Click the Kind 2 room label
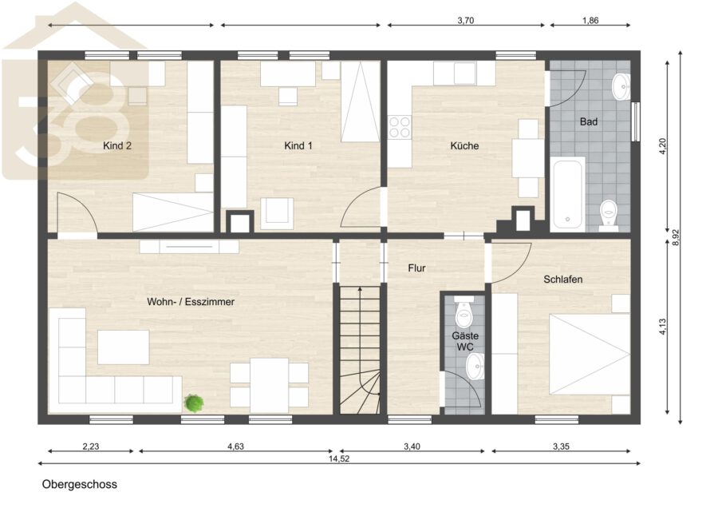click(117, 146)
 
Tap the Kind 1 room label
click(298, 146)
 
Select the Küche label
click(464, 146)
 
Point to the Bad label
click(589, 121)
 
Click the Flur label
click(416, 268)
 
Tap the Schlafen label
click(562, 280)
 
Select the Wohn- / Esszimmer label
click(191, 302)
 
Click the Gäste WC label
click(465, 341)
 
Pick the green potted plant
click(194, 403)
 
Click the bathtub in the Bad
click(568, 194)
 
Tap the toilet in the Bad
click(609, 215)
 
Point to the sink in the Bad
click(621, 85)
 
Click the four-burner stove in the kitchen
click(400, 127)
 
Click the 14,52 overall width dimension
click(339, 458)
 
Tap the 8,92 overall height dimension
click(676, 237)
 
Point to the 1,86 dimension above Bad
click(590, 20)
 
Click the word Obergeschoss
click(80, 484)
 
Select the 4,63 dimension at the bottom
click(236, 446)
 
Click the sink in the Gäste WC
click(475, 367)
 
